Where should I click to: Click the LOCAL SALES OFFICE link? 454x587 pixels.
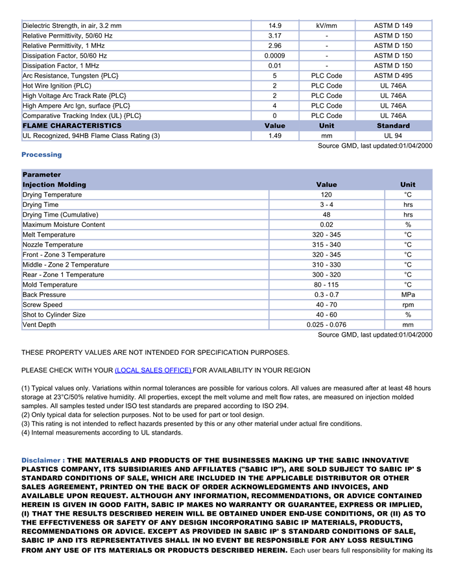pos(153,370)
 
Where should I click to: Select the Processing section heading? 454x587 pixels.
pos(42,154)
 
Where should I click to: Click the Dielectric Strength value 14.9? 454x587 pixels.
pos(274,26)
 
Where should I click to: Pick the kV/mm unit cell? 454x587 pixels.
pos(326,26)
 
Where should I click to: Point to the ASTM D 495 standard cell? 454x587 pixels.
pos(393,76)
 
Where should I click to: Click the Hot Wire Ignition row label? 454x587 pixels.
pos(57,86)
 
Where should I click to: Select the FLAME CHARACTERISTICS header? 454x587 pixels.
pos(72,126)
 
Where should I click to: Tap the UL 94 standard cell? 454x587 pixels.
pos(393,136)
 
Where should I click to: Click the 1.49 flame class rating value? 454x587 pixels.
pos(274,136)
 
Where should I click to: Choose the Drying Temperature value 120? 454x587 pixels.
pos(326,195)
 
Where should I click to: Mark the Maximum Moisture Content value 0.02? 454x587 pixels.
pos(326,225)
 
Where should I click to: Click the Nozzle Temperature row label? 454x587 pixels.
pos(53,245)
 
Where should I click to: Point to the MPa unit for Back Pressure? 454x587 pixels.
pos(408,295)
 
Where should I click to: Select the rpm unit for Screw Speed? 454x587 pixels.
pos(408,305)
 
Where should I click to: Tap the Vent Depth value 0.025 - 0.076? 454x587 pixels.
pos(326,325)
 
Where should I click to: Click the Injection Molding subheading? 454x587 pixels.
pos(54,185)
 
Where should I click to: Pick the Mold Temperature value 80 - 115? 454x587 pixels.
pos(326,285)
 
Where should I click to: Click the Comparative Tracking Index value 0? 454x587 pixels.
pos(274,115)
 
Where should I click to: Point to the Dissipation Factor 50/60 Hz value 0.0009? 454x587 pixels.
pos(274,56)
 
